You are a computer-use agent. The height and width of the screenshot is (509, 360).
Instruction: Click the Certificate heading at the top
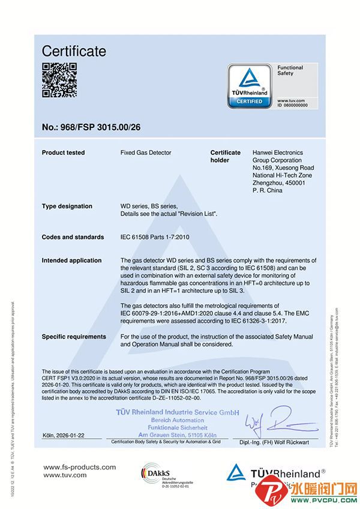click(x=74, y=51)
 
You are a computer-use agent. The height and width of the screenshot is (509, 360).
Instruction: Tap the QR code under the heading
click(x=59, y=80)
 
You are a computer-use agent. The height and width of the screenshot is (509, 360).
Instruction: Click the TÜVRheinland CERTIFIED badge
click(x=250, y=88)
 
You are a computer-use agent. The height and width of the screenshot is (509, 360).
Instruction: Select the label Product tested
click(x=63, y=153)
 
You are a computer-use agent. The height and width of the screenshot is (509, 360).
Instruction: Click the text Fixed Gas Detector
click(x=146, y=153)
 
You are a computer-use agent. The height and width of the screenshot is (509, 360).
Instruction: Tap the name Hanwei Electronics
click(x=278, y=153)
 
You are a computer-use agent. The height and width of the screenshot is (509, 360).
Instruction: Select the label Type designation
click(x=67, y=206)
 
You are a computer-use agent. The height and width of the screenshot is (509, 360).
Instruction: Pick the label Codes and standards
click(x=73, y=237)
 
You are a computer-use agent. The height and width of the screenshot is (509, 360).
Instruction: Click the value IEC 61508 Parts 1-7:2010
click(x=158, y=237)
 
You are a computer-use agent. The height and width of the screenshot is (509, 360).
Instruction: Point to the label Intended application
click(x=71, y=261)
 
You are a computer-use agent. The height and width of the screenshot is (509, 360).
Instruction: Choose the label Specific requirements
click(x=74, y=337)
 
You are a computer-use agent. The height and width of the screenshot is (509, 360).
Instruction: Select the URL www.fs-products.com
click(x=80, y=466)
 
